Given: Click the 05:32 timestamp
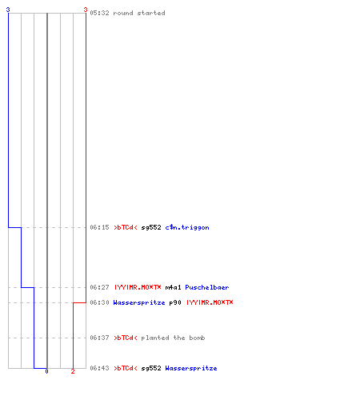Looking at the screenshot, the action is pyautogui.click(x=99, y=13).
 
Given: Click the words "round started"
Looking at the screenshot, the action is pyautogui.click(x=139, y=13).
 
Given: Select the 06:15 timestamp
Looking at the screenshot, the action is pyautogui.click(x=99, y=227).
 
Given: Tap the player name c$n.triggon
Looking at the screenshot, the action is pyautogui.click(x=187, y=227).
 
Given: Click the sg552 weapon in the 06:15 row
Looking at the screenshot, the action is pyautogui.click(x=151, y=228).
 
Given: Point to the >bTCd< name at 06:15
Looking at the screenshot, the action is pyautogui.click(x=126, y=227).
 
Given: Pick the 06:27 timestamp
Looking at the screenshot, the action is pyautogui.click(x=99, y=287).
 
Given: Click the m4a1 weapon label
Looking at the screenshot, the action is pyautogui.click(x=173, y=287).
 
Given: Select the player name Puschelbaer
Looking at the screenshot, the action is pyautogui.click(x=207, y=287).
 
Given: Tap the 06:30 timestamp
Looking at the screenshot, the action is pyautogui.click(x=99, y=302).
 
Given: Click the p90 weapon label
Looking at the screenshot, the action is pyautogui.click(x=175, y=303).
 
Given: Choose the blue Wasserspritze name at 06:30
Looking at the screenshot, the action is pyautogui.click(x=139, y=303).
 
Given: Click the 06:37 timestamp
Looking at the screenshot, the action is pyautogui.click(x=99, y=338).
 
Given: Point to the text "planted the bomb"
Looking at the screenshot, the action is pyautogui.click(x=173, y=338).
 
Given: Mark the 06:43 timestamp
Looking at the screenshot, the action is pyautogui.click(x=99, y=368).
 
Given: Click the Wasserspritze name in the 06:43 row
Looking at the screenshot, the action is pyautogui.click(x=191, y=369).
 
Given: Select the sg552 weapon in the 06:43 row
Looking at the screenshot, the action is pyautogui.click(x=151, y=369).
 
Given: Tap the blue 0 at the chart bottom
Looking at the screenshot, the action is pyautogui.click(x=46, y=371).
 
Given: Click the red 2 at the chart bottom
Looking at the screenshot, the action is pyautogui.click(x=73, y=371).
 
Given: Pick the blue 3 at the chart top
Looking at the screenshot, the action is pyautogui.click(x=8, y=10).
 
